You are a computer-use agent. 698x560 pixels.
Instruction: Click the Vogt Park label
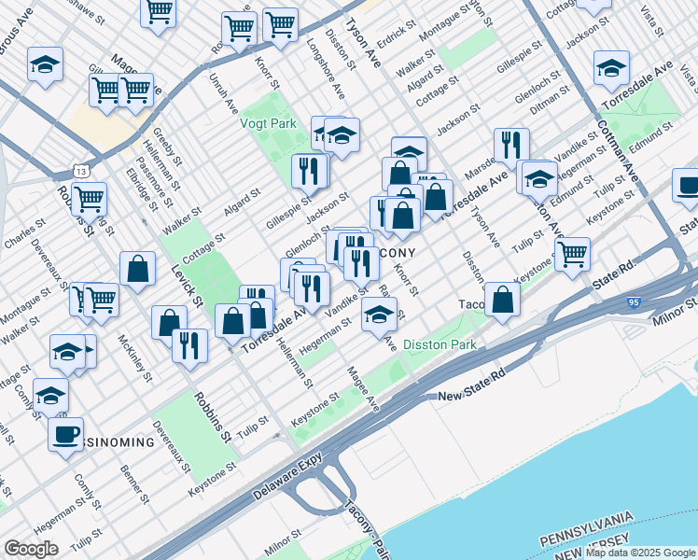269,121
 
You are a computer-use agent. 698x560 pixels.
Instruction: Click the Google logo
31,549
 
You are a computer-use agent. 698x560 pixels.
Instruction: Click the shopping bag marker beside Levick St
137,269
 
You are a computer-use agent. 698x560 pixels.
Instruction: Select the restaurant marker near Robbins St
189,344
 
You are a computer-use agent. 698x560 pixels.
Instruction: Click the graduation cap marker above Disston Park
380,315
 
